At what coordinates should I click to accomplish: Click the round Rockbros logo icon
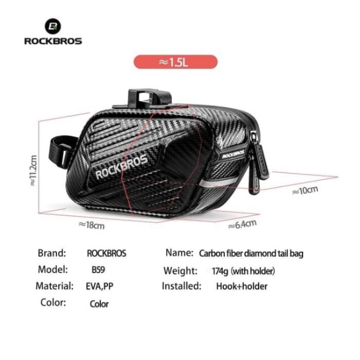point(53,26)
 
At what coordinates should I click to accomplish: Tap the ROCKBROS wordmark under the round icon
point(53,41)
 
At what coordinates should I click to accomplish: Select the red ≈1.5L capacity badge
point(176,62)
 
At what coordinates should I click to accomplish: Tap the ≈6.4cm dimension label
point(242,224)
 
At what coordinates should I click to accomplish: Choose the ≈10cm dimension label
point(305,190)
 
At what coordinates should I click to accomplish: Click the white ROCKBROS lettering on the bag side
point(122,167)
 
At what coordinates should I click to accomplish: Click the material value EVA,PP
point(99,286)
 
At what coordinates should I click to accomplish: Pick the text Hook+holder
point(242,286)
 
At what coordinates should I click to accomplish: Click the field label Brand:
point(52,253)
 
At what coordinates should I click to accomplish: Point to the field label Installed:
point(182,286)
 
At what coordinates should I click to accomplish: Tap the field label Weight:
point(181,271)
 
